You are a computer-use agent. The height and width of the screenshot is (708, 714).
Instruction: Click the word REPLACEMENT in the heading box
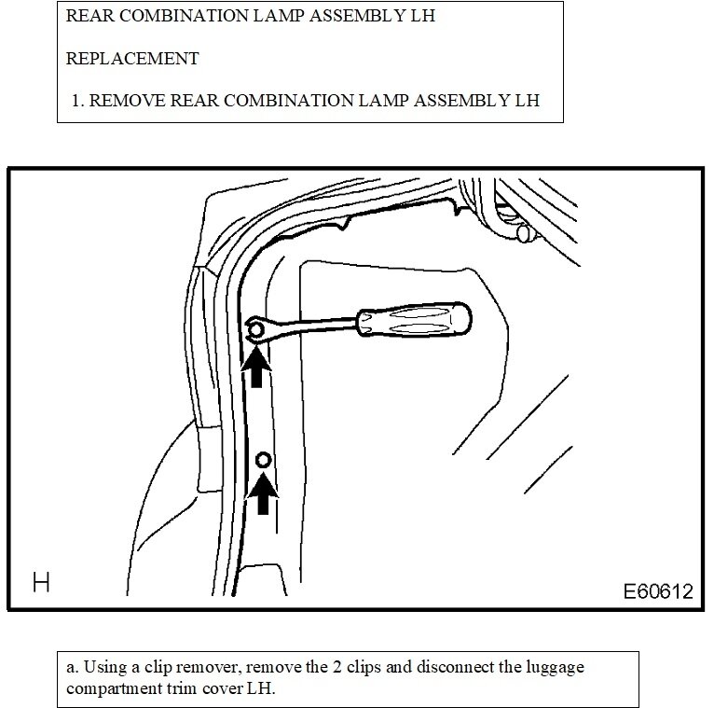(133, 58)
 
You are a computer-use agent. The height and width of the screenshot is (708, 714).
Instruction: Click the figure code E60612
(659, 591)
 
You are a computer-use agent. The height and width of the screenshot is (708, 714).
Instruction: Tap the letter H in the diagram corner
(40, 584)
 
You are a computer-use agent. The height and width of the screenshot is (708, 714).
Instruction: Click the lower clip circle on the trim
(264, 459)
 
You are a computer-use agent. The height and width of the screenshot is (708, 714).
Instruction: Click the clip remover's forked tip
(255, 329)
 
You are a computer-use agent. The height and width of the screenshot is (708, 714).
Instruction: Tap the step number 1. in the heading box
(78, 99)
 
